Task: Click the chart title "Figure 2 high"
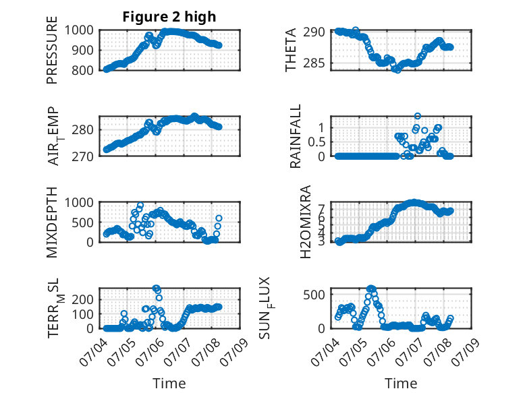click(169, 17)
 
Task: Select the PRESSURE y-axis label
click(52, 50)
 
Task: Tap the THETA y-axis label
click(291, 50)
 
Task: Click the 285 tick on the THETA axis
click(314, 63)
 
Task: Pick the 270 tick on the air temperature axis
click(82, 156)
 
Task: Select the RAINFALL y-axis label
click(296, 135)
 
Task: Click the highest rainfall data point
click(417, 116)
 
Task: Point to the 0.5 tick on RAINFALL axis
click(316, 142)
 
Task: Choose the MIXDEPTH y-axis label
click(52, 222)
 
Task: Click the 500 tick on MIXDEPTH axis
click(82, 222)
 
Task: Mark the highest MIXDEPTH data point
click(140, 205)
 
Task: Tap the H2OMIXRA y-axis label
click(306, 222)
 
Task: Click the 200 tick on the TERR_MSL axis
click(82, 299)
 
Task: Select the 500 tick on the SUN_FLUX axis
click(314, 295)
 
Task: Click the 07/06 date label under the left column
click(150, 351)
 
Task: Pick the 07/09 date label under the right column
click(466, 351)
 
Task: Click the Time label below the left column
click(169, 383)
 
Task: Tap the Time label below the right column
click(401, 383)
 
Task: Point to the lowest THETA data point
click(397, 70)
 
